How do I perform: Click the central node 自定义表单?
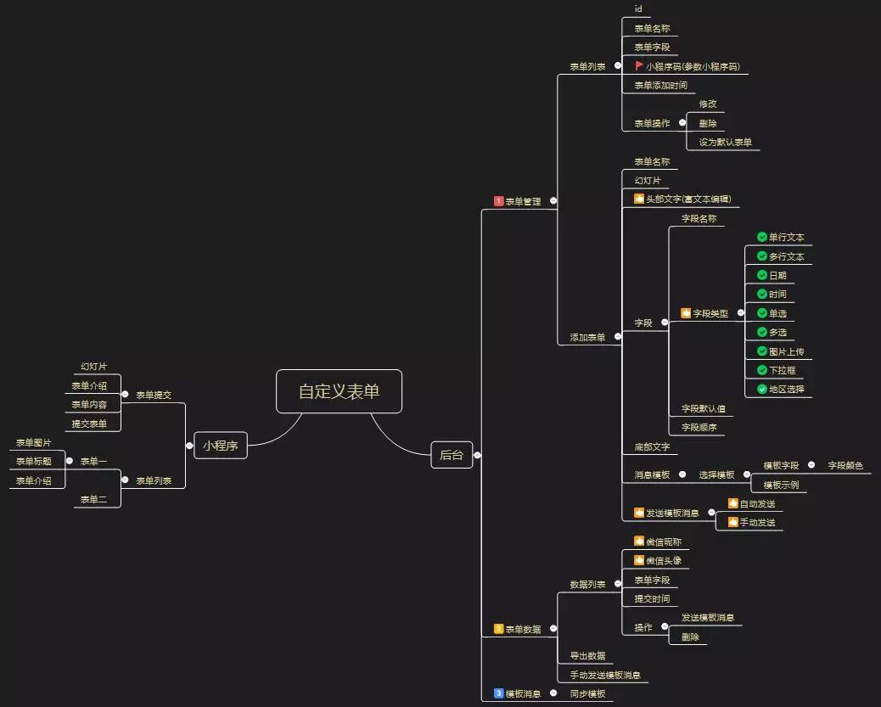click(x=339, y=391)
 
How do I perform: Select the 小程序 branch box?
click(x=220, y=445)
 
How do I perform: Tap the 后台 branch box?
click(x=452, y=455)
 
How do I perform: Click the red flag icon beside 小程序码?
click(x=639, y=65)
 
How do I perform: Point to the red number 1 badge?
click(x=499, y=201)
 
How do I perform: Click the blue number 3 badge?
click(x=499, y=693)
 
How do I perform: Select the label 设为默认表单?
click(x=725, y=142)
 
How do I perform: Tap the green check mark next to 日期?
click(x=762, y=275)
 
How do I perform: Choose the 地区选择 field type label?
click(x=787, y=389)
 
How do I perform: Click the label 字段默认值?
click(x=703, y=408)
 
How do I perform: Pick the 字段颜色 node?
click(x=845, y=465)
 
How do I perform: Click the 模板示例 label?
click(x=781, y=485)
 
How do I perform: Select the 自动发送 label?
click(x=757, y=503)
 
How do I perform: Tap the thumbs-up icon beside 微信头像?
click(x=639, y=560)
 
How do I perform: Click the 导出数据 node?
click(x=587, y=655)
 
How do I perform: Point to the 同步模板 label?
click(x=587, y=693)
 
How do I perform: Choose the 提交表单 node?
click(x=89, y=424)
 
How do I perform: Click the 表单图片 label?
click(x=34, y=442)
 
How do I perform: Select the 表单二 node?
click(x=93, y=499)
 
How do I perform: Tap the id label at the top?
click(x=638, y=8)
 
